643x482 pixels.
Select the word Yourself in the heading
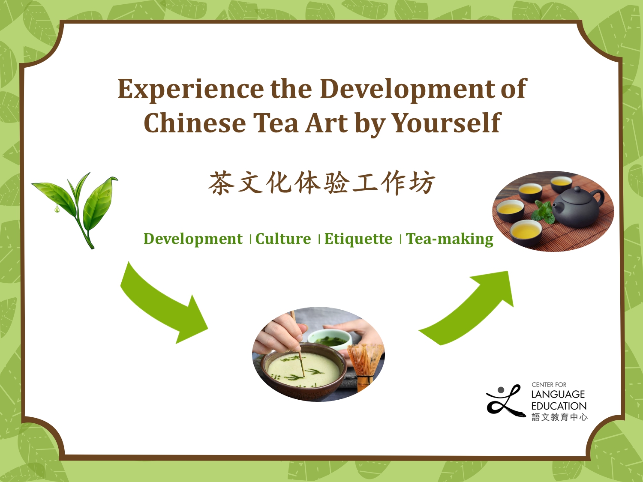click(446, 123)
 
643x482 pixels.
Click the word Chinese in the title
click(195, 123)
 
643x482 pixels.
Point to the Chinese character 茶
click(221, 183)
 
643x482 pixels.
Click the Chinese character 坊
click(422, 183)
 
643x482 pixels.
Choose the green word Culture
click(283, 239)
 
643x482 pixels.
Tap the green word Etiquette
click(358, 239)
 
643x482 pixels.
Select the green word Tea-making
click(449, 239)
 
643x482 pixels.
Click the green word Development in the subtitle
click(193, 239)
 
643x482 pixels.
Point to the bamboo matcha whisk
click(364, 364)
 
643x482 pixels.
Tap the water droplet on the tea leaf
click(57, 210)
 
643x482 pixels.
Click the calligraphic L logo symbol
click(505, 401)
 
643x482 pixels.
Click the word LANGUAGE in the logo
click(558, 394)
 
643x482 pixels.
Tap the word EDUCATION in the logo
click(559, 406)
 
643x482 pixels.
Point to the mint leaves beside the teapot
click(543, 213)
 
